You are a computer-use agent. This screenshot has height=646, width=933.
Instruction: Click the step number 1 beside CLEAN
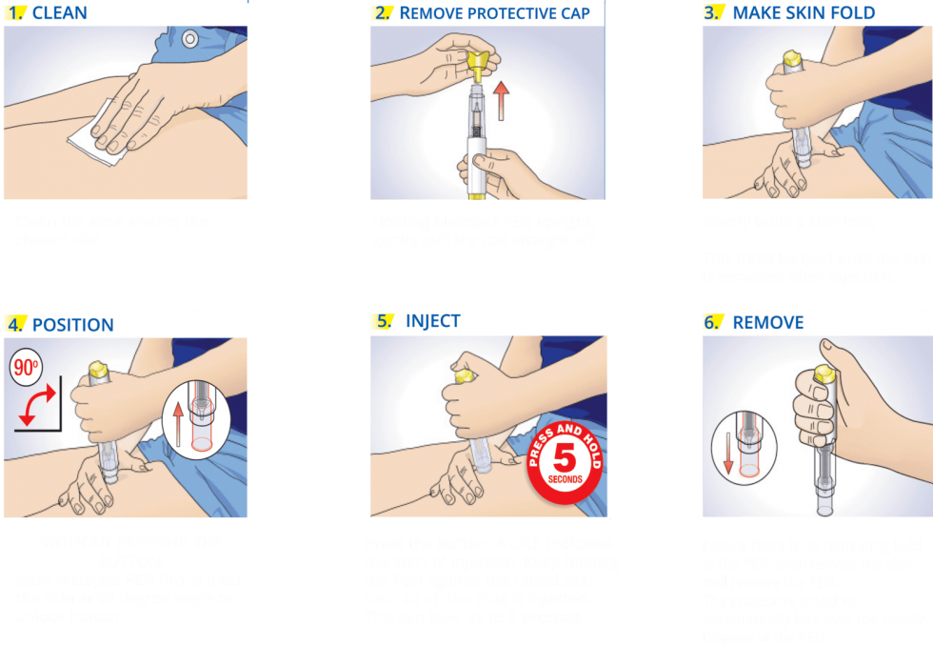(x=15, y=13)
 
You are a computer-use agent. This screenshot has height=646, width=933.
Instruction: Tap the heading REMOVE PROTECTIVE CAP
(x=495, y=13)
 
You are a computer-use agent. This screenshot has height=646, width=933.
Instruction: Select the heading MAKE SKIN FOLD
(x=804, y=13)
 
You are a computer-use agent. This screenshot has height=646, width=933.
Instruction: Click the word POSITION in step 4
(x=72, y=325)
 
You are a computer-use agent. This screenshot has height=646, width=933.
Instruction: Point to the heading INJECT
(x=432, y=321)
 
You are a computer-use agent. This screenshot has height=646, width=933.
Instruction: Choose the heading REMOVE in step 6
(x=767, y=323)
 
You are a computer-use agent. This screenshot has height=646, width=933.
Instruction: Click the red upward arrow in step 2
(x=502, y=99)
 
